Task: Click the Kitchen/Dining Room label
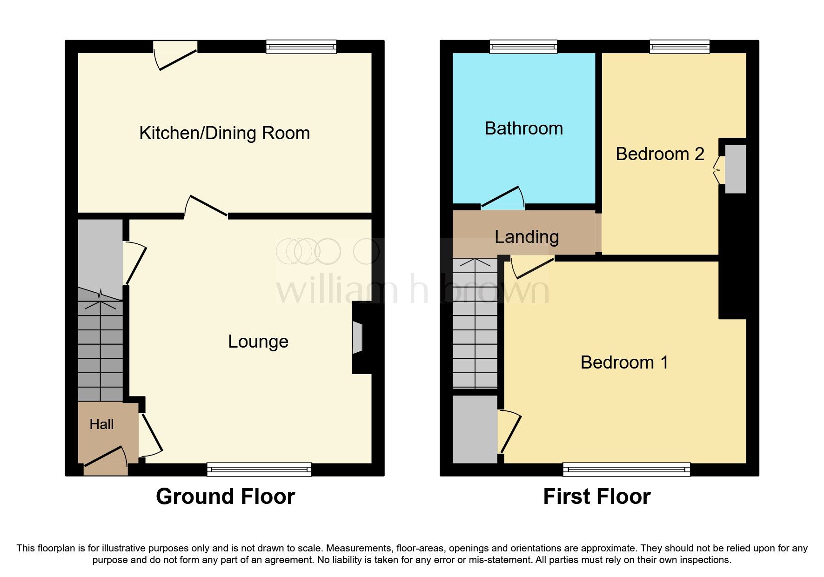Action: coord(224,133)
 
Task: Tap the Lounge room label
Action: coord(258,342)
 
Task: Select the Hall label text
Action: coord(101,424)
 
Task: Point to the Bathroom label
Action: coord(523,128)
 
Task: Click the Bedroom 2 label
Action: coord(659,154)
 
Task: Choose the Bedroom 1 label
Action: coord(624,362)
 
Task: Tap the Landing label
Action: coord(526,237)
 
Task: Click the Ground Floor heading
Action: coord(225,496)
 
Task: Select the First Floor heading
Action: coord(596,496)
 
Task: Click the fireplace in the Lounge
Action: coord(357,337)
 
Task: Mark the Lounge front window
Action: coord(259,469)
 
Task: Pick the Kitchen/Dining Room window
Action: coord(301,47)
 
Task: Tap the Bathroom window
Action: coord(523,47)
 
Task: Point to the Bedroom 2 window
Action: coord(679,47)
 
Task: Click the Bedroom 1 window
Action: coord(626,469)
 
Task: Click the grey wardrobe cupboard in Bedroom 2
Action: coord(736,169)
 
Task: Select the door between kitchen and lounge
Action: coord(206,206)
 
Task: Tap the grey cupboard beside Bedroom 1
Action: coord(475,429)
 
